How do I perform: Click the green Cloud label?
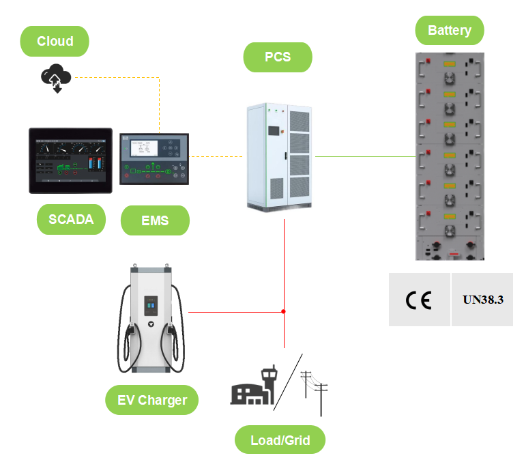55,41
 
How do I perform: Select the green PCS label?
277,57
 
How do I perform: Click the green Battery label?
450,30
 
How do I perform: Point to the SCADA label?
71,220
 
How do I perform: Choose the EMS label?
154,221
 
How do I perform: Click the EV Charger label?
151,400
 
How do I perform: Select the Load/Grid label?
280,440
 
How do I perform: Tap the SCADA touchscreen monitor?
70,160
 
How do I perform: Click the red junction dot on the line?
284,312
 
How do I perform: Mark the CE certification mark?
418,300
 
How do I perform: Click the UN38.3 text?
482,300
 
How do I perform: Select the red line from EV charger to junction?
235,312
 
